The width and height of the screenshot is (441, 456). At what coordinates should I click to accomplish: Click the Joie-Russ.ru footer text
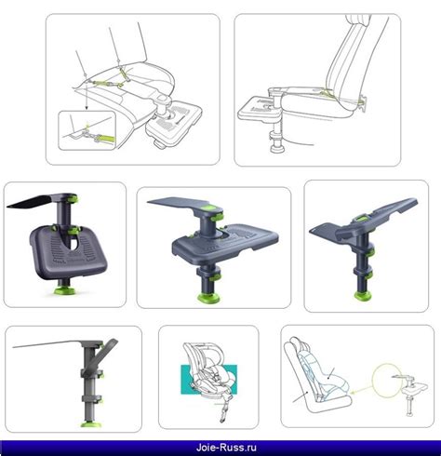(226, 448)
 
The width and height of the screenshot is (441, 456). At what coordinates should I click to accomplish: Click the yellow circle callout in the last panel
(386, 380)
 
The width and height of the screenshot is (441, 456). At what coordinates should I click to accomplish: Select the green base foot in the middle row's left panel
(63, 291)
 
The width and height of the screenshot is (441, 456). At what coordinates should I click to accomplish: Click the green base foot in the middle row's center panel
(208, 298)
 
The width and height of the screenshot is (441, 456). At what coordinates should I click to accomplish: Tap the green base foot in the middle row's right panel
(363, 296)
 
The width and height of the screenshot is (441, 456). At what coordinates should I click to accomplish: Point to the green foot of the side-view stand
(89, 423)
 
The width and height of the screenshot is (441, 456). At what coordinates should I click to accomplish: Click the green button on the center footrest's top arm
(210, 208)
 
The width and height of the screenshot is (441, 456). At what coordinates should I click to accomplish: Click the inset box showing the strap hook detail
(87, 130)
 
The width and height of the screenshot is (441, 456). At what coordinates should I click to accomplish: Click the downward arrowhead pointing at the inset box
(87, 107)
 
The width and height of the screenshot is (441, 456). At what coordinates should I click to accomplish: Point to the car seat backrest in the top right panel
(351, 59)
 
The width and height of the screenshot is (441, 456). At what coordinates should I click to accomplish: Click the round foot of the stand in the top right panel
(277, 149)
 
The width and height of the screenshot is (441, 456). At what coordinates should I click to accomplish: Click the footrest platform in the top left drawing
(175, 123)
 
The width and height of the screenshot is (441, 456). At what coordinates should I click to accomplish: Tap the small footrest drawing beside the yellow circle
(412, 395)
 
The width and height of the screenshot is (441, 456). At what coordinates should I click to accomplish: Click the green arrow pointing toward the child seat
(361, 389)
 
